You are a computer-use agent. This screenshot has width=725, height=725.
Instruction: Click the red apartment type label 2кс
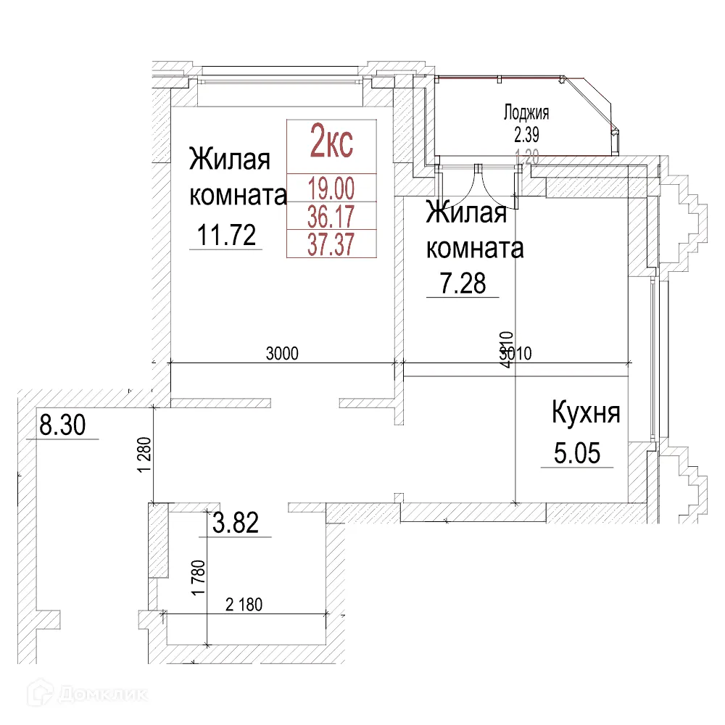pyautogui.click(x=331, y=141)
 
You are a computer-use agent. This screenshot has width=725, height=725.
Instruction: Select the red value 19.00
pyautogui.click(x=331, y=189)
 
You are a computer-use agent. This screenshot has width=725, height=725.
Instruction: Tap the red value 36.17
pyautogui.click(x=331, y=216)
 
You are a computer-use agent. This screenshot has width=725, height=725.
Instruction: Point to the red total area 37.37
pyautogui.click(x=331, y=244)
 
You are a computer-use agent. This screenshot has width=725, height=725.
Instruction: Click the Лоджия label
pyautogui.click(x=526, y=112)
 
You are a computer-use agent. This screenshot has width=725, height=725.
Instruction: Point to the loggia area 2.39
pyautogui.click(x=526, y=133)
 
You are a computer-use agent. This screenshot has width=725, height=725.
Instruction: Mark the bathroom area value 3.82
pyautogui.click(x=234, y=523)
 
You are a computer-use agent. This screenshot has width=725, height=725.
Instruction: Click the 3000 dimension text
pyautogui.click(x=283, y=354)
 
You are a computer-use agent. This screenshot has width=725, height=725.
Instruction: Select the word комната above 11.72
pyautogui.click(x=238, y=194)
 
